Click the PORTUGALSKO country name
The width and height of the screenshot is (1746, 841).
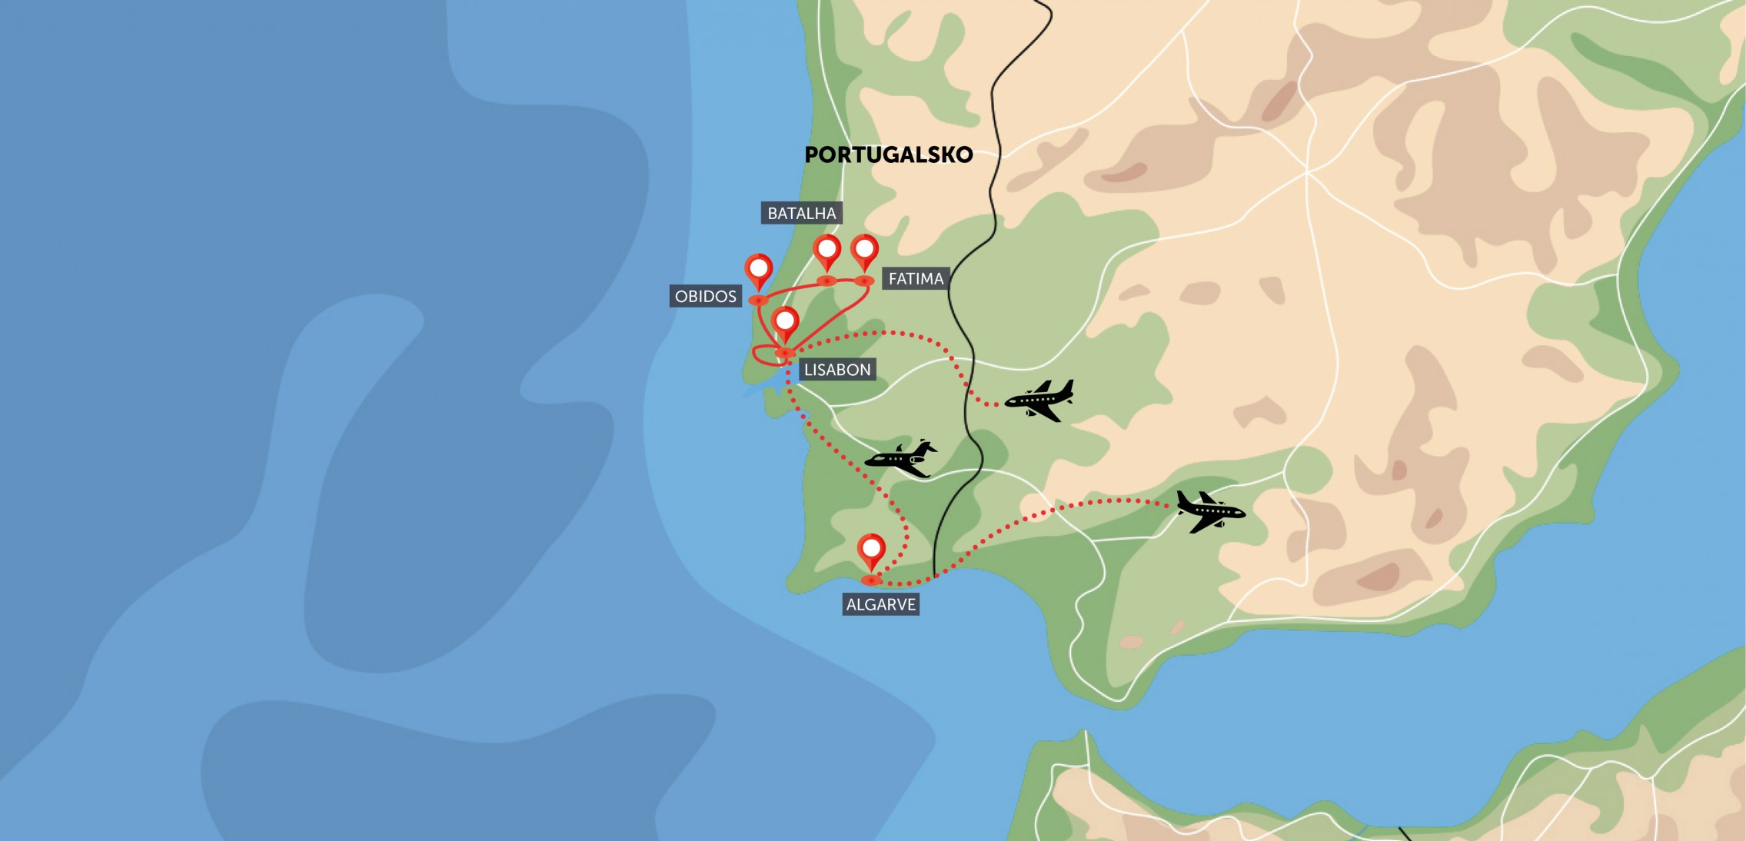click(888, 155)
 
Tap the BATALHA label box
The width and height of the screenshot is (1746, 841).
click(801, 213)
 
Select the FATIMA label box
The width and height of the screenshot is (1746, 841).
click(915, 278)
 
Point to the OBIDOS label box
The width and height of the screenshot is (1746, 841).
click(705, 296)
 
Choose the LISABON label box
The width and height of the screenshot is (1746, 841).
click(836, 369)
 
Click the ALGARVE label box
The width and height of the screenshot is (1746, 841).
click(880, 604)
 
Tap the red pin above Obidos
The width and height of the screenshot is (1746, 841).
click(759, 270)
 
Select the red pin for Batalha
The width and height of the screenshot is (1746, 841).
click(826, 251)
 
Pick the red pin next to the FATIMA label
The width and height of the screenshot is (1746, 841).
click(865, 251)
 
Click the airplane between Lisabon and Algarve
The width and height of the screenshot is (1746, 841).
click(901, 459)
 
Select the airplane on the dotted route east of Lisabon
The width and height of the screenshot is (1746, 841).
click(1040, 400)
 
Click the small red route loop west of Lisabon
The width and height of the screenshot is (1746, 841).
click(763, 355)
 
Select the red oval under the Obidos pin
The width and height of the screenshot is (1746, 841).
click(759, 300)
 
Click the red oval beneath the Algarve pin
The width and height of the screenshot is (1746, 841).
click(871, 580)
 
